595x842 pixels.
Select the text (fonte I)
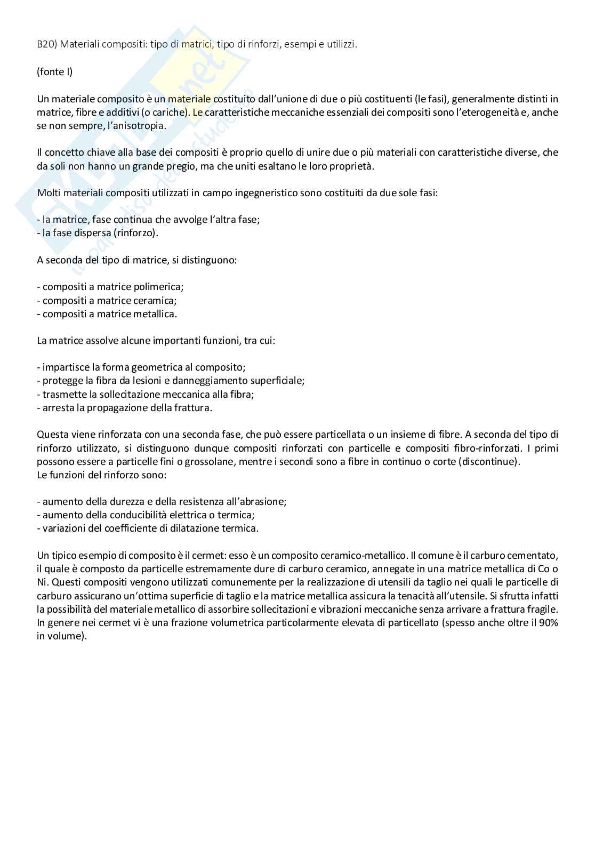[54, 71]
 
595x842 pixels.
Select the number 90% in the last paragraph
[548, 623]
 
